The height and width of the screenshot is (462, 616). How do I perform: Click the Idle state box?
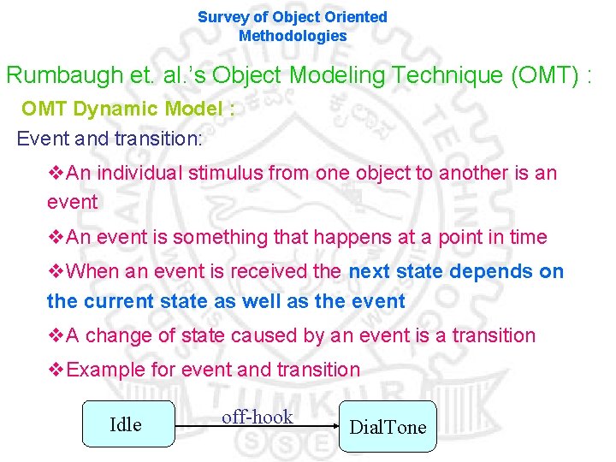pyautogui.click(x=127, y=424)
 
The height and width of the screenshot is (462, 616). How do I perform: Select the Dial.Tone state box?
pyautogui.click(x=387, y=427)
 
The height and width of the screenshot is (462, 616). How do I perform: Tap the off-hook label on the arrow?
pyautogui.click(x=257, y=418)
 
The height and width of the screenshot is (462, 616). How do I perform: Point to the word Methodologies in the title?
pyautogui.click(x=293, y=36)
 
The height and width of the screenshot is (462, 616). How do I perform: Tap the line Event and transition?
pyautogui.click(x=110, y=139)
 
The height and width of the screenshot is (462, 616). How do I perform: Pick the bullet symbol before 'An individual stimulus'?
pyautogui.click(x=56, y=173)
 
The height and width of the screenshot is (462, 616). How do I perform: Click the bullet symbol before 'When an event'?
pyautogui.click(x=56, y=272)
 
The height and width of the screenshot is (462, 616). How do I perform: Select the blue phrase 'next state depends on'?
pyautogui.click(x=456, y=272)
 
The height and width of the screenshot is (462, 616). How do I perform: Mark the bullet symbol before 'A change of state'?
pyautogui.click(x=56, y=335)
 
